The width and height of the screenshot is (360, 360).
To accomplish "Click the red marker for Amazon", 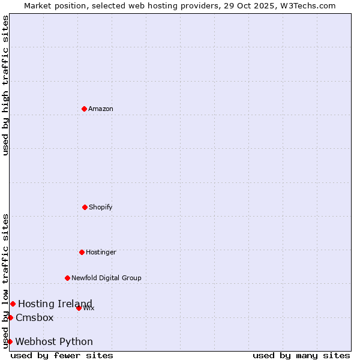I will click(x=84, y=109).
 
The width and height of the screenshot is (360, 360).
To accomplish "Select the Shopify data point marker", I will click(x=85, y=207).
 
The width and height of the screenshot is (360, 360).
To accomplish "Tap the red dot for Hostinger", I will click(x=82, y=252).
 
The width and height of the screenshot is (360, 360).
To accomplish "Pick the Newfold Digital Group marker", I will click(x=67, y=278).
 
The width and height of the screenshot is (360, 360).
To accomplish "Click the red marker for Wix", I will click(x=79, y=308).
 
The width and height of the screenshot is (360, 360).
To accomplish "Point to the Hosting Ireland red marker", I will click(x=13, y=304).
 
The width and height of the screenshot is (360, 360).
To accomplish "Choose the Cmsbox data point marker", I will click(x=10, y=317).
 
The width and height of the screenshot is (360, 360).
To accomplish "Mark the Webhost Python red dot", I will click(x=10, y=341).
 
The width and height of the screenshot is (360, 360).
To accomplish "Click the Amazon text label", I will click(x=101, y=109).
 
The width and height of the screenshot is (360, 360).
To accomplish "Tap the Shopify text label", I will click(x=101, y=207).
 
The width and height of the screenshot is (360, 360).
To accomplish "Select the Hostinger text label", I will click(x=101, y=252).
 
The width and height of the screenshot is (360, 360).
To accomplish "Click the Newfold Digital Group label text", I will click(x=106, y=278).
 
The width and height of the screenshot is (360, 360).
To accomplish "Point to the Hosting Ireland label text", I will click(x=55, y=304).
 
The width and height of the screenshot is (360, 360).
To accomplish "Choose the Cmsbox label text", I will click(x=35, y=317).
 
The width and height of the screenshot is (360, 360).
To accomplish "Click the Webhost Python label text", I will click(x=54, y=341).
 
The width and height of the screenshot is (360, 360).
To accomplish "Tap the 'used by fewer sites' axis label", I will click(x=62, y=355).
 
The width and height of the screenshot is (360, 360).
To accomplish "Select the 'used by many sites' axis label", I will click(x=301, y=355).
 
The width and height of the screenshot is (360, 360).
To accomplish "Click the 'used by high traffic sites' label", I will click(x=5, y=85).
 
